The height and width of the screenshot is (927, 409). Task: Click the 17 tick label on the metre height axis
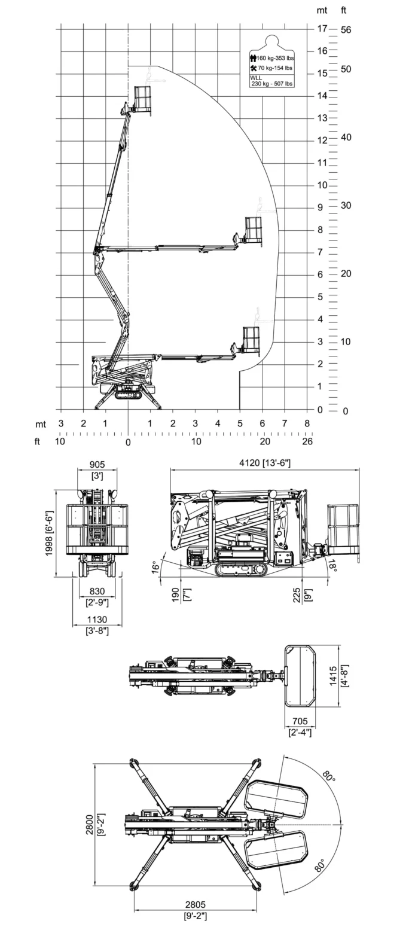pyautogui.click(x=322, y=29)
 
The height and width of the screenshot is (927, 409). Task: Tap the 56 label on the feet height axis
pyautogui.click(x=346, y=29)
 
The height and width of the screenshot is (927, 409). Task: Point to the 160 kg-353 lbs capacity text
pyautogui.click(x=275, y=58)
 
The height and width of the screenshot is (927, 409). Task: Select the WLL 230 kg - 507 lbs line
pyautogui.click(x=271, y=81)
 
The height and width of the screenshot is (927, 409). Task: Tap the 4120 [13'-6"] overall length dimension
pyautogui.click(x=265, y=463)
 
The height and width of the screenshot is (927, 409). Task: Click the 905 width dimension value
pyautogui.click(x=97, y=465)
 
